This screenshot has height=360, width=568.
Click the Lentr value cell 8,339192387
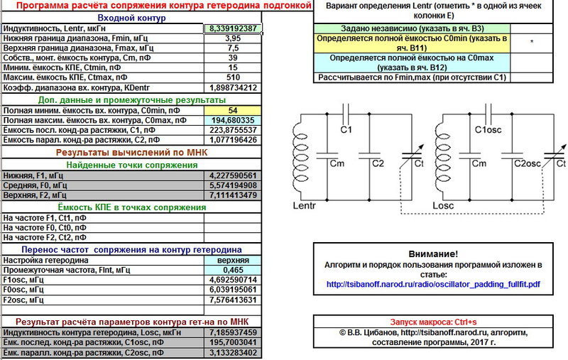(x=233, y=28)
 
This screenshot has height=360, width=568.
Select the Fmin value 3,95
(x=233, y=38)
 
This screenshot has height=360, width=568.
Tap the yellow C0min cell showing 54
(x=233, y=111)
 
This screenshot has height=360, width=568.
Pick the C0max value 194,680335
(x=233, y=121)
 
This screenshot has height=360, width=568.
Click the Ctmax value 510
(x=233, y=77)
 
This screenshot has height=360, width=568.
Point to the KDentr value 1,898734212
(x=233, y=87)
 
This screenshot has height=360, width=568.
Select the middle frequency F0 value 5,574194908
(x=233, y=185)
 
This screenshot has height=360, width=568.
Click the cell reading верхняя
(x=233, y=261)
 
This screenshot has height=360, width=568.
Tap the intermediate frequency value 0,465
(x=233, y=271)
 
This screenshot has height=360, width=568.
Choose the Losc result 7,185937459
(x=233, y=332)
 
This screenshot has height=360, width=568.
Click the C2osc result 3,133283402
(x=233, y=352)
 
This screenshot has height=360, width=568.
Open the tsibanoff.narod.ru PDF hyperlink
(x=433, y=284)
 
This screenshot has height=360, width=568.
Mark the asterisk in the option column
(x=531, y=42)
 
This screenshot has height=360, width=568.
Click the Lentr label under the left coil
(x=305, y=206)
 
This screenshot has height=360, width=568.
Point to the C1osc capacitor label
(x=488, y=130)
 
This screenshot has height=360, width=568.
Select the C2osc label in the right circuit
(x=528, y=164)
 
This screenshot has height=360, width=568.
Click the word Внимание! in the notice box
(x=433, y=254)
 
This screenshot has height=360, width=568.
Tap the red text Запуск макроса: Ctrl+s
(x=433, y=322)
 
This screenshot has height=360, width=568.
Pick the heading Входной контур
(x=131, y=18)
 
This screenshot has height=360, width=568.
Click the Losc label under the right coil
(x=443, y=206)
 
